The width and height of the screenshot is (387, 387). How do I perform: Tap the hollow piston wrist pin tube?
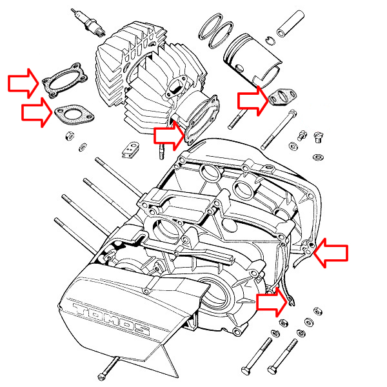290,23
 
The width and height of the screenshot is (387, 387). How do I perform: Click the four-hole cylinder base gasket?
64,80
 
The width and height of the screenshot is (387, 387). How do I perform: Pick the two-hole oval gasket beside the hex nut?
74,115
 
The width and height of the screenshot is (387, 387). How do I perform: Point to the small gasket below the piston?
283,97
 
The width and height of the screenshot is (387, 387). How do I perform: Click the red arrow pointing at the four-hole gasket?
23,83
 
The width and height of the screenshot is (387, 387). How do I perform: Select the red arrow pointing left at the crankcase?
331,253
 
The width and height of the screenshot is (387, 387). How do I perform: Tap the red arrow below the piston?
253,100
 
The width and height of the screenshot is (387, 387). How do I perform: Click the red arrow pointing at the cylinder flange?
169,135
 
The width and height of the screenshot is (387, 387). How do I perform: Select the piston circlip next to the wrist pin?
271,41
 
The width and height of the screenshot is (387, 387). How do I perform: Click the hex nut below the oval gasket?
70,135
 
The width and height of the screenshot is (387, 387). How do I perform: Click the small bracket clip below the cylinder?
130,150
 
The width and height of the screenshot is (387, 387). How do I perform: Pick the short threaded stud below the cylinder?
162,152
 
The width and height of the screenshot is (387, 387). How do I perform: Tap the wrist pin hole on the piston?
239,68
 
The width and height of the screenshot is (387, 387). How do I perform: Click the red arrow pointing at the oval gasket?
37,112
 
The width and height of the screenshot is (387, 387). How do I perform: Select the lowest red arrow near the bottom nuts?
272,302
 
